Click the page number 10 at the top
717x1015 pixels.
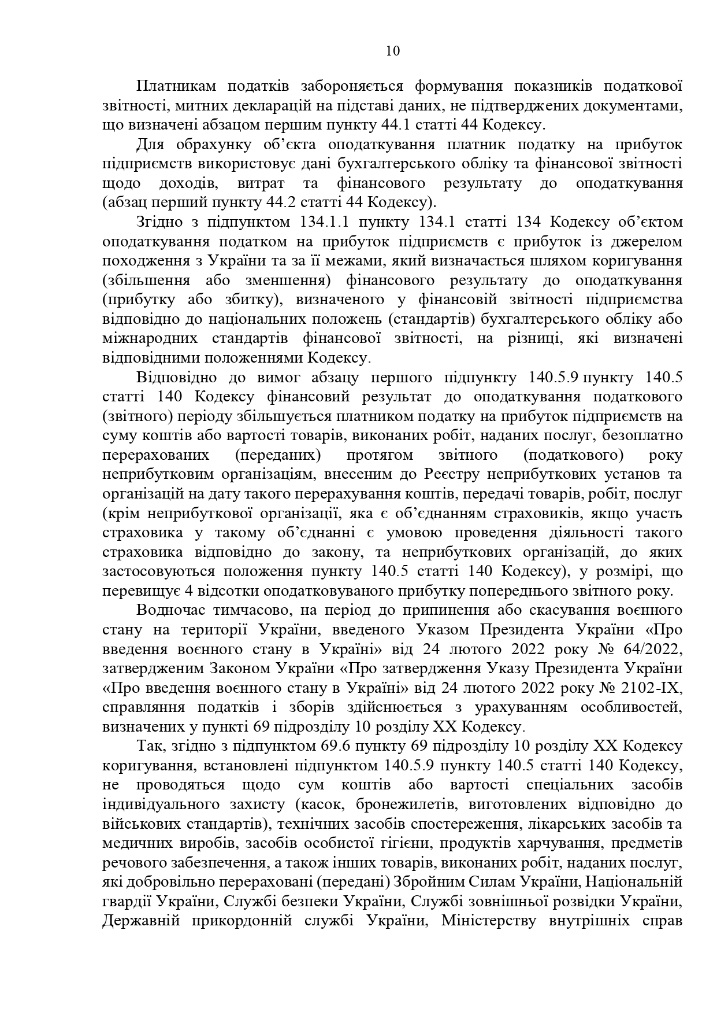[392, 51]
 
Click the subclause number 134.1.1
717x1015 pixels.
[327, 222]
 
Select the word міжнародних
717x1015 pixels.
[142, 338]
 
